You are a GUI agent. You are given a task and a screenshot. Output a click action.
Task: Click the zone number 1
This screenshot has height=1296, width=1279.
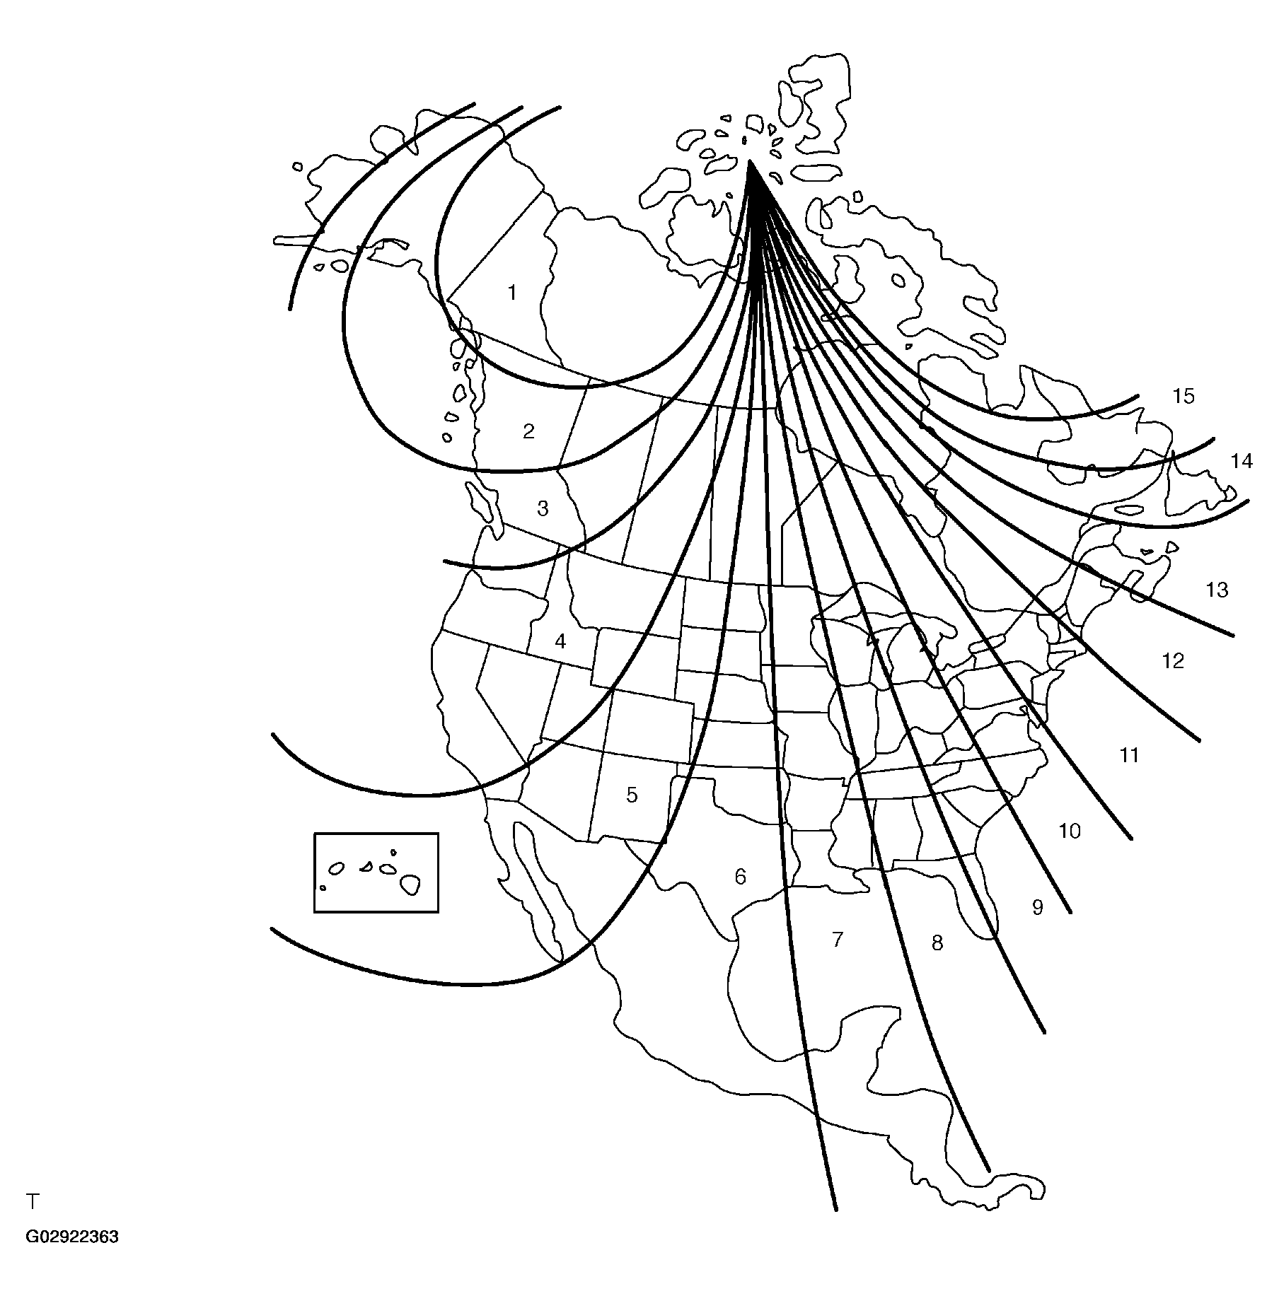(512, 293)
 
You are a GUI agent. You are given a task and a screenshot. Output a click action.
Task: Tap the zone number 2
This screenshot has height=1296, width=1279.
(528, 431)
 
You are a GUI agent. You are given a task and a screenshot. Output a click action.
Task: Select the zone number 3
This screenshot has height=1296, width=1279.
(543, 508)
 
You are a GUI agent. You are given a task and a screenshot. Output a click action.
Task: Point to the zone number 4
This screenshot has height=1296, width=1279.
(560, 642)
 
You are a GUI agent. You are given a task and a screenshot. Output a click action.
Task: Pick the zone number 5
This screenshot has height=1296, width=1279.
(632, 795)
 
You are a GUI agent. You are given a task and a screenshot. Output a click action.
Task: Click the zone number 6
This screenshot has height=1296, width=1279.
(740, 877)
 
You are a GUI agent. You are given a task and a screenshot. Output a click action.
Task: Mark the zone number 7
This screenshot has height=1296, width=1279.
(838, 940)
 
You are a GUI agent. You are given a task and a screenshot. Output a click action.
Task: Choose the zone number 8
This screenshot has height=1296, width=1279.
(937, 942)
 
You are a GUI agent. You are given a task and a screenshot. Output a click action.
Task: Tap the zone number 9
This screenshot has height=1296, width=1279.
(1038, 907)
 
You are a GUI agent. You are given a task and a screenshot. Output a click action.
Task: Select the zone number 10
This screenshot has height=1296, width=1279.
(1070, 831)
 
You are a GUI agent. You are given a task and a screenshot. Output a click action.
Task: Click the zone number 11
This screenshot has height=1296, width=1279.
(1129, 756)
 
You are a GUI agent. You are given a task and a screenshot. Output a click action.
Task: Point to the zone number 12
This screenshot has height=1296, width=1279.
(1173, 661)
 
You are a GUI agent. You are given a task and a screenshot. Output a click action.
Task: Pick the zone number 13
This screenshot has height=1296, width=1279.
(1217, 590)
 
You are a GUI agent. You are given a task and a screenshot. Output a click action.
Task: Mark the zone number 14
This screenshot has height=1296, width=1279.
(1242, 462)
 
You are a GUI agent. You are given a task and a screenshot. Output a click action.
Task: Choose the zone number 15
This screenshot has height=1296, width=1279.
(1183, 397)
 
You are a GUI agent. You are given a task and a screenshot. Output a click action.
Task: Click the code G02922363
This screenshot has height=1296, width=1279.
(72, 1257)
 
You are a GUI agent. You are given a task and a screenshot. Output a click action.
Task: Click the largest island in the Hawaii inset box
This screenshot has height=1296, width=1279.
(410, 884)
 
